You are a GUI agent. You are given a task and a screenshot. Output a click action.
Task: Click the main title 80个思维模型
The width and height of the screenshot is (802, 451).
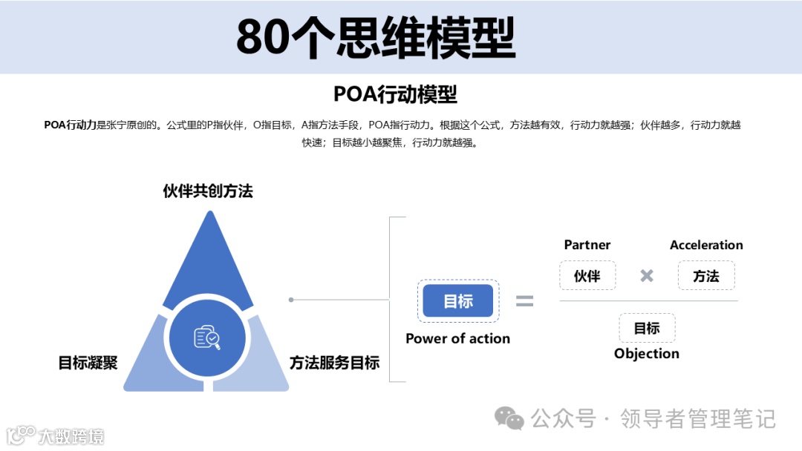click(376, 37)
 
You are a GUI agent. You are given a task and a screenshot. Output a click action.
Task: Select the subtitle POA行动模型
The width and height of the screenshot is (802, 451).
click(395, 94)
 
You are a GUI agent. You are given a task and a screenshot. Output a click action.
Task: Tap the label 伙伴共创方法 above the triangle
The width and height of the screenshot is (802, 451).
click(208, 191)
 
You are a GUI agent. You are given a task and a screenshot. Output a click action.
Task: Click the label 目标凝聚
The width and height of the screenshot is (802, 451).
click(88, 363)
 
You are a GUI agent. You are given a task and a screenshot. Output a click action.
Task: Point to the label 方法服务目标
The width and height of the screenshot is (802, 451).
click(334, 363)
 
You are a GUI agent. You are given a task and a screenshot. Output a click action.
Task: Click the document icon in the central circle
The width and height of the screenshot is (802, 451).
click(206, 338)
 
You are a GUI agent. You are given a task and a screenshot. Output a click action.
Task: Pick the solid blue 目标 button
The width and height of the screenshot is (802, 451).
click(458, 301)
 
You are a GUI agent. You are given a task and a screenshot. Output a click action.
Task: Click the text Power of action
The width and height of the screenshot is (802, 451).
click(457, 338)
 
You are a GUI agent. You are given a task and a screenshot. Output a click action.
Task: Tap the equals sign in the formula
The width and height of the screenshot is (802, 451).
click(525, 300)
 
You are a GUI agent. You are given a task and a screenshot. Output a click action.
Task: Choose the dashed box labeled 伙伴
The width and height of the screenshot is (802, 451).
click(587, 276)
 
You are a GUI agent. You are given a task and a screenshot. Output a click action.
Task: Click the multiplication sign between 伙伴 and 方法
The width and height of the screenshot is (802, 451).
click(647, 276)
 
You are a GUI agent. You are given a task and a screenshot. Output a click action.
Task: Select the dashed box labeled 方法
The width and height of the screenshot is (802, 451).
click(706, 276)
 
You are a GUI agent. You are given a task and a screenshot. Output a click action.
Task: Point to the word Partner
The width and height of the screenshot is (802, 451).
click(587, 245)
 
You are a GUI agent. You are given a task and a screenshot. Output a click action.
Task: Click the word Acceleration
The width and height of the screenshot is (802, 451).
click(706, 245)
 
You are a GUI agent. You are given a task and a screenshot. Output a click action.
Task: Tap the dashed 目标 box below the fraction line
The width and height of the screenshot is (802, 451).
click(647, 328)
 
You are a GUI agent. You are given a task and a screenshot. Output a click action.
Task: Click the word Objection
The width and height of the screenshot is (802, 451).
click(647, 354)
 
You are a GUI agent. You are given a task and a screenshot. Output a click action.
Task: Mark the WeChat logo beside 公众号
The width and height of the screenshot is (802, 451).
click(509, 419)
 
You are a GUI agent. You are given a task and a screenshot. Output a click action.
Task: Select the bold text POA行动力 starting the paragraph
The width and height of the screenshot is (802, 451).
click(70, 125)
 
